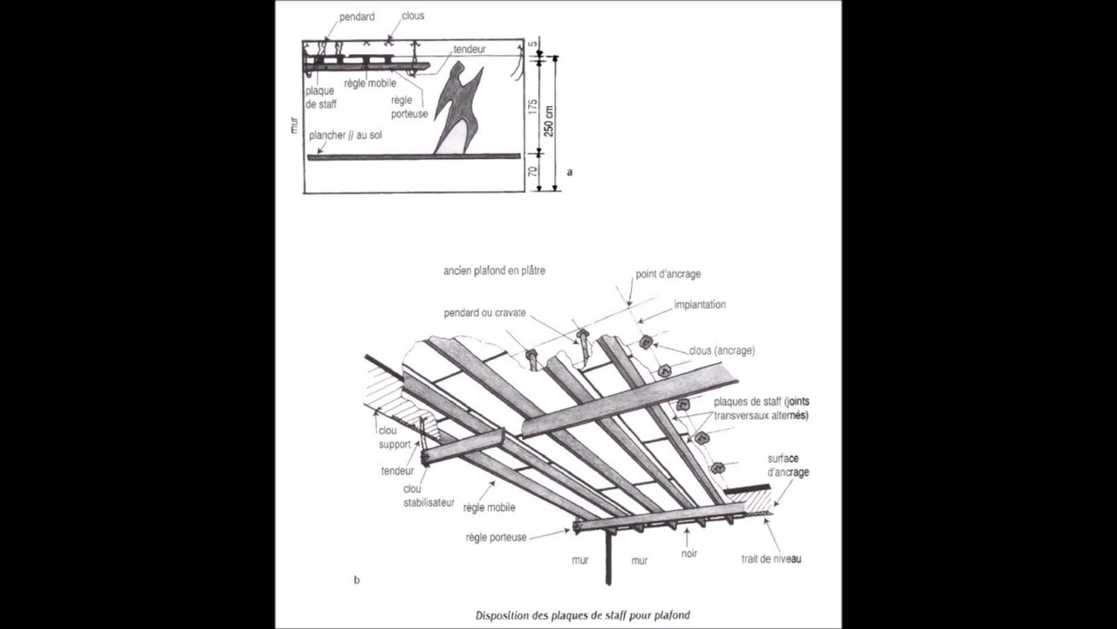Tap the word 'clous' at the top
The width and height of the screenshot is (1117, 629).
[413, 16]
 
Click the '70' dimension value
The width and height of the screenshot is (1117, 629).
[531, 172]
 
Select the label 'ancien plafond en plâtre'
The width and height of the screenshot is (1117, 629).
[494, 271]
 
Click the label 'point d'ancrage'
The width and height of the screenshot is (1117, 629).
[668, 274]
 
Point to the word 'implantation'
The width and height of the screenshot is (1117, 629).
[700, 305]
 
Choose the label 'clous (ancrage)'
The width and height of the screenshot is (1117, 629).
[721, 350]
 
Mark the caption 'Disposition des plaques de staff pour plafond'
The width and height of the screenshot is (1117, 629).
[582, 615]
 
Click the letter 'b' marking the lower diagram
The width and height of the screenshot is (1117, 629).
[356, 579]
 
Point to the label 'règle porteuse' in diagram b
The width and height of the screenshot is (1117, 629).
[496, 537]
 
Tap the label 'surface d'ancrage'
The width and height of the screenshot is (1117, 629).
[788, 465]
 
